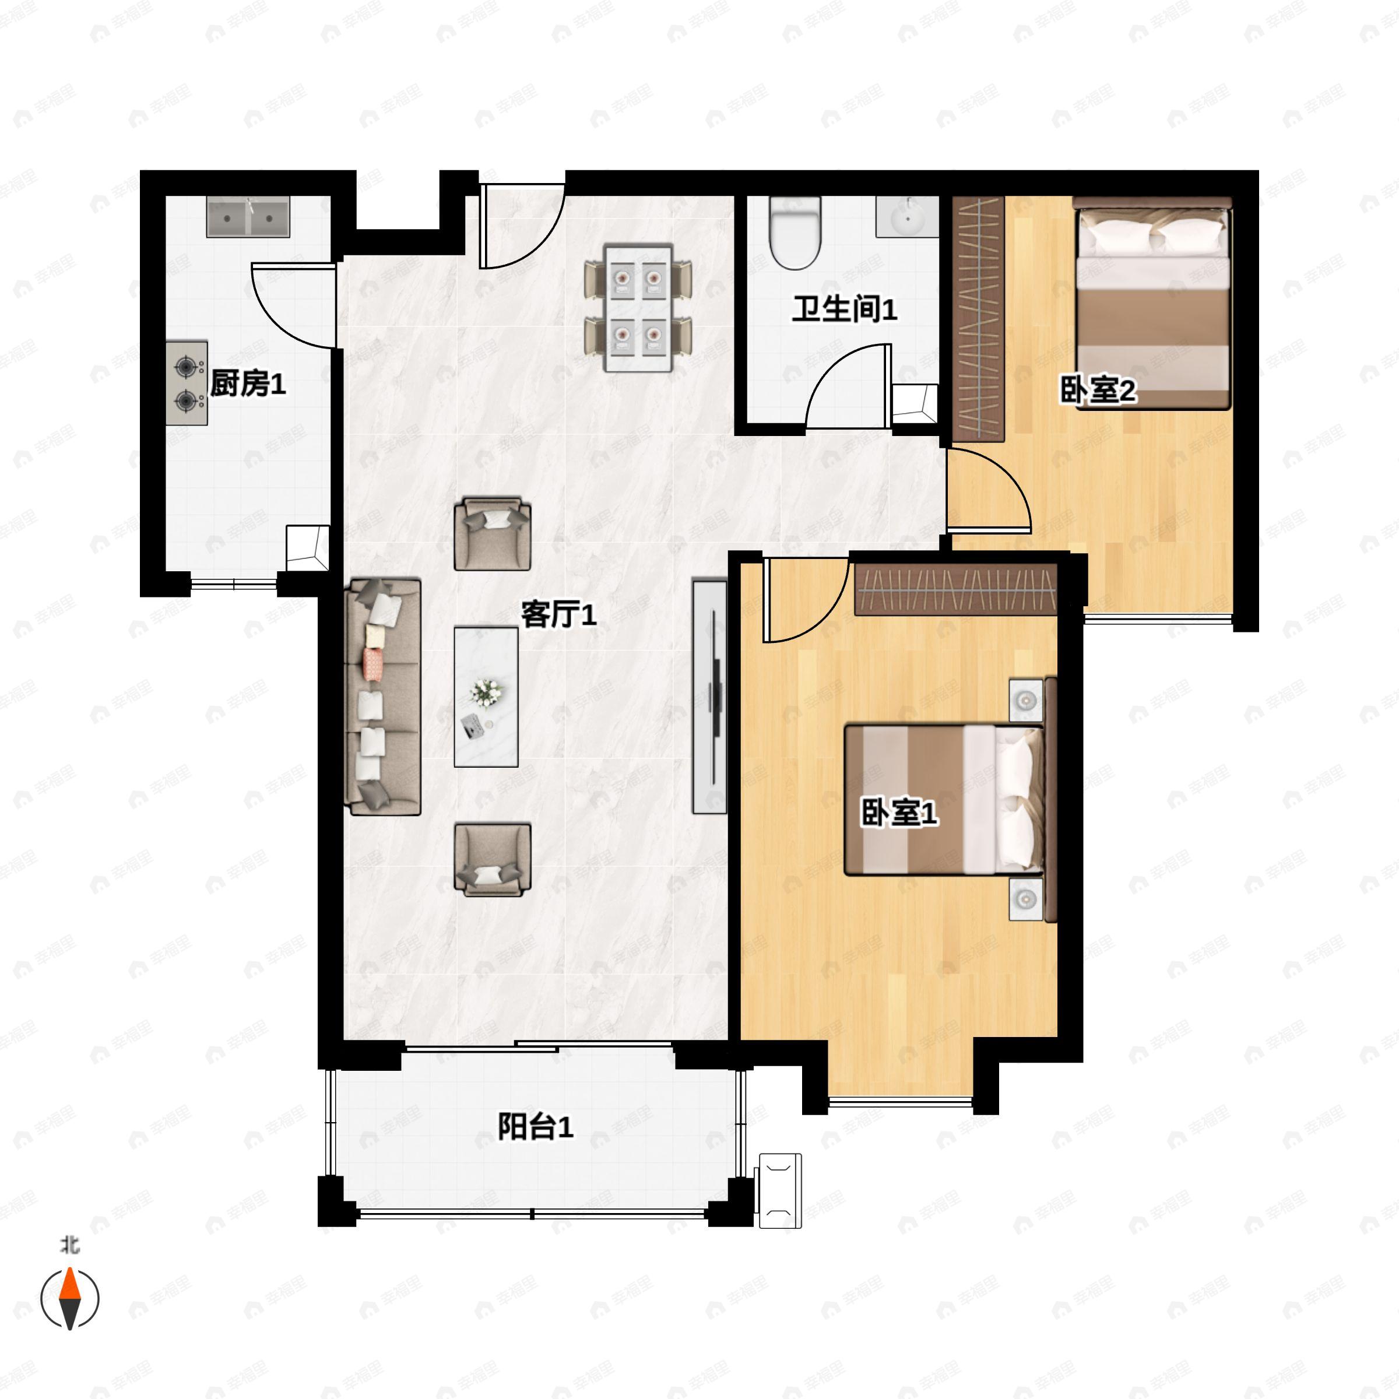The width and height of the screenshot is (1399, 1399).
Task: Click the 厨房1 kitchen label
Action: point(248,383)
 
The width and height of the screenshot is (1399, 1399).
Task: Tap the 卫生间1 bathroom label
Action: point(844,309)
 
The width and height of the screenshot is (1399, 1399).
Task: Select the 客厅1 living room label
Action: point(559,615)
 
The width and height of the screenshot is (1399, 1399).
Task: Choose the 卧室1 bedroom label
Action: point(899,813)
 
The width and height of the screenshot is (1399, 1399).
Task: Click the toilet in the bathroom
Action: point(795,233)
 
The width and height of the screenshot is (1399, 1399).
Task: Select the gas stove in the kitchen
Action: point(187,383)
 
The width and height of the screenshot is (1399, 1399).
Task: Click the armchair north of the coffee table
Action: point(493,534)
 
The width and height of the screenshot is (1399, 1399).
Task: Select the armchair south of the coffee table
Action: point(493,860)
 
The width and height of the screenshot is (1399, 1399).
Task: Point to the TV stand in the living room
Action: point(709,696)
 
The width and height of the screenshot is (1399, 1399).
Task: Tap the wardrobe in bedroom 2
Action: point(978,319)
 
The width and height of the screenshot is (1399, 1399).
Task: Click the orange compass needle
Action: point(69,1286)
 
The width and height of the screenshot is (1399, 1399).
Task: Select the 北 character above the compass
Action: point(69,1245)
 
